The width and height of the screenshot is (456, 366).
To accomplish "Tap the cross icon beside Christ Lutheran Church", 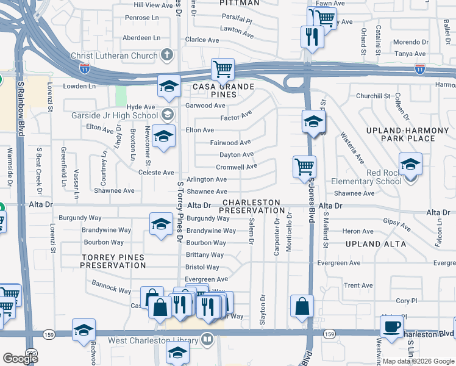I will pos(168,56).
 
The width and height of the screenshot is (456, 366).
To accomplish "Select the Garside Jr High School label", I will pos(114,115).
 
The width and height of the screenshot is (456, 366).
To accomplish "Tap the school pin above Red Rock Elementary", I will pos(410,163).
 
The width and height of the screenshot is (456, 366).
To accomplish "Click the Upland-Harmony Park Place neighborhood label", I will pos(401,134).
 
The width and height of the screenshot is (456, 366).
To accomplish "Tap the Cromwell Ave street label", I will pos(237,167).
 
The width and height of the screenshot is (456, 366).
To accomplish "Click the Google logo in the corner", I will pos(20,359).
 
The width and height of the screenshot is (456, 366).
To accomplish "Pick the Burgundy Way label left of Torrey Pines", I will pos(80,218).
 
